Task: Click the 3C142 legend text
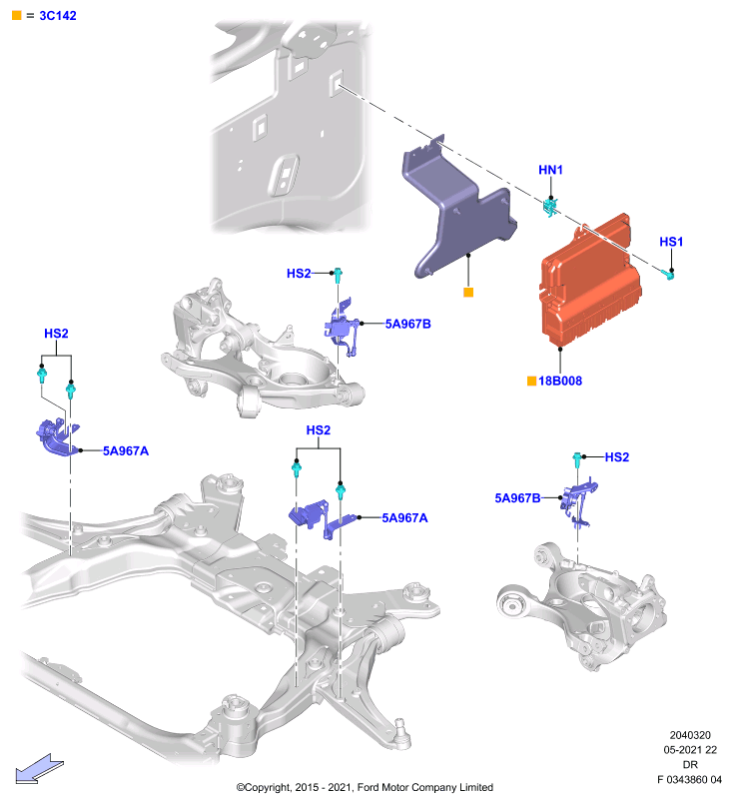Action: click(58, 16)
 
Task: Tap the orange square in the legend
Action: click(17, 15)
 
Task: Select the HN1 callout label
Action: click(550, 170)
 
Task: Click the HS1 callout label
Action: click(671, 242)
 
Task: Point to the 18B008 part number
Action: click(560, 381)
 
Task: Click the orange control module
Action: click(590, 281)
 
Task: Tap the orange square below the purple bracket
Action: click(468, 292)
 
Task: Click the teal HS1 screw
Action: click(669, 276)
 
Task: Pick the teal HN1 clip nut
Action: click(549, 207)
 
